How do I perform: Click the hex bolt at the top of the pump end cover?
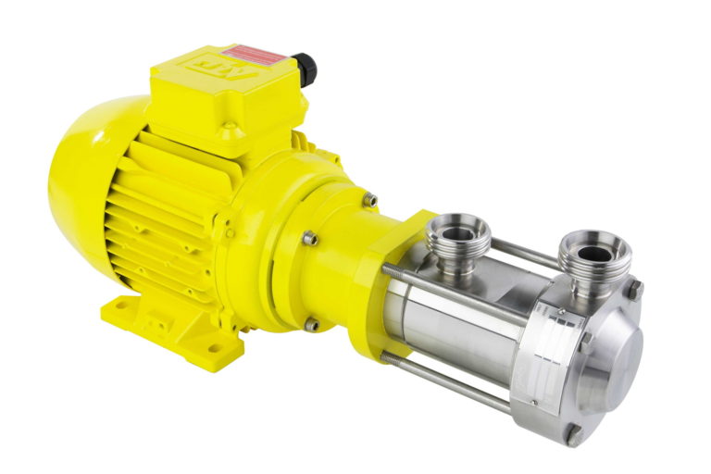point(635,288)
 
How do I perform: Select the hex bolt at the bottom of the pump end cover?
point(574,431)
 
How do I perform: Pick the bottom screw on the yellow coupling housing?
point(312,325)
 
